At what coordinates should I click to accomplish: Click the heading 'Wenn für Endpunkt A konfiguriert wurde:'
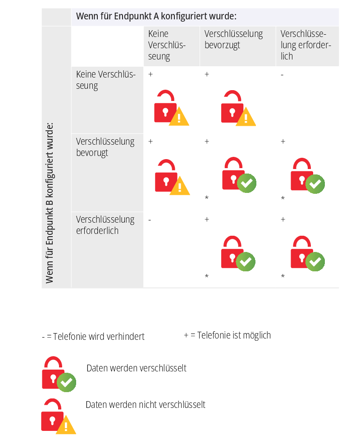156,16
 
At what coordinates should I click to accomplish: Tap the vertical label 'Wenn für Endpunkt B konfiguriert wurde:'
50,203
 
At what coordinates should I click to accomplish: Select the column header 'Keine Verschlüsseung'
167,45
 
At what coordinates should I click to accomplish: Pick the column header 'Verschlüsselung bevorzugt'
233,40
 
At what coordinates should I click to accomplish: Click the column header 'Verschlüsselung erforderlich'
305,45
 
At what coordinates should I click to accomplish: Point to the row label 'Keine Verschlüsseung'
106,80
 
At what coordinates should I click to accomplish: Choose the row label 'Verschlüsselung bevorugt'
105,147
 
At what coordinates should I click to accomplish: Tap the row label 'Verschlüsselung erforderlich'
105,225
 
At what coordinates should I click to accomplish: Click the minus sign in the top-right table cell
282,75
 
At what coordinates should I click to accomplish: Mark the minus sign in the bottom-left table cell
150,220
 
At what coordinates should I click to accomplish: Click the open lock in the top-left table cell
172,108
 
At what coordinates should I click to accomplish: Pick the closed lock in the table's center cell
239,175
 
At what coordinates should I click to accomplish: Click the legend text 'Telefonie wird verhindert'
99,337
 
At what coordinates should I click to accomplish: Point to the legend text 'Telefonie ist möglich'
234,335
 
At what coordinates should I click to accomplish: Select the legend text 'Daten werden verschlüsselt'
137,368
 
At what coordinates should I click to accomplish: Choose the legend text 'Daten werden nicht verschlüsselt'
146,405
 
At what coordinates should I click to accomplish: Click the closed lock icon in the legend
59,374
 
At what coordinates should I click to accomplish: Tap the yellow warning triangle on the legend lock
66,425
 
